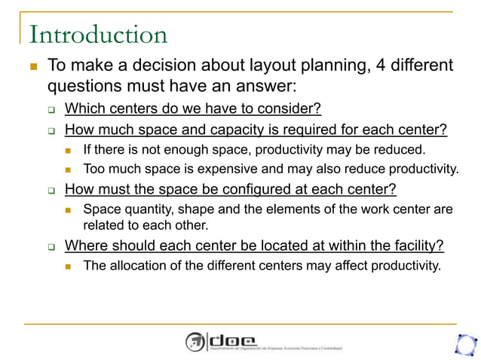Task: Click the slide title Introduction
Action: tap(97, 35)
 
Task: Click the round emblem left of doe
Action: tap(196, 342)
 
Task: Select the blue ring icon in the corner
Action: tap(465, 343)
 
